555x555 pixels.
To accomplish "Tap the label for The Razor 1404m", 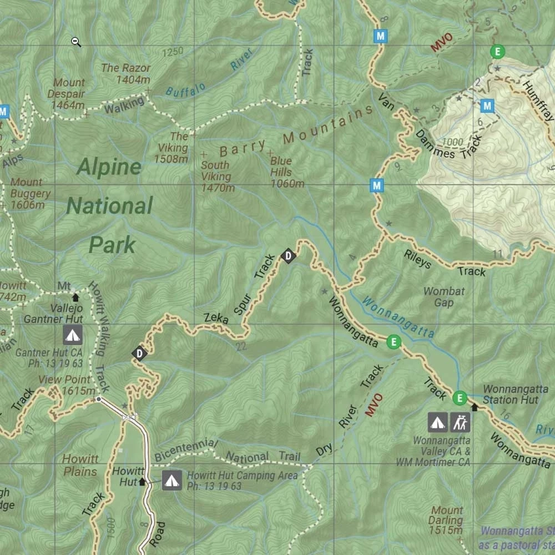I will (x=126, y=73).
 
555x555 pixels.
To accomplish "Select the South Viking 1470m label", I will (x=216, y=176).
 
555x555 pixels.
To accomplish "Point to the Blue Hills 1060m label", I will (x=286, y=172).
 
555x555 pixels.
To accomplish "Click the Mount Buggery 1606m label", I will (x=28, y=194).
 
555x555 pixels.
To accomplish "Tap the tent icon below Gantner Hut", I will (x=72, y=335).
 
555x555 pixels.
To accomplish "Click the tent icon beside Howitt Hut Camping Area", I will (x=172, y=481).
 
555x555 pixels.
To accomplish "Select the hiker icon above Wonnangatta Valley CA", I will (x=460, y=422).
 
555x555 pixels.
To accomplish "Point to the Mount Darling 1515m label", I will (x=447, y=521).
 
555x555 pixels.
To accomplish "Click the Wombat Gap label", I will (x=444, y=296).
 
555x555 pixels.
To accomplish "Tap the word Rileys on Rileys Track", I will (x=417, y=259).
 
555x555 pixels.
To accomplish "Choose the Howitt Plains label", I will (x=80, y=465).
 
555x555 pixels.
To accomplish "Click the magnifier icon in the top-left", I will (x=76, y=42).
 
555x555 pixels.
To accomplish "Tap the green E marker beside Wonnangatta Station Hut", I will (x=460, y=397).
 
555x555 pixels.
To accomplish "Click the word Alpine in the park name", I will (x=109, y=167).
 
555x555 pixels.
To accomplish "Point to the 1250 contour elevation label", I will (x=173, y=52).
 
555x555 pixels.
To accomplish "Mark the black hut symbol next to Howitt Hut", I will (x=142, y=482).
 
